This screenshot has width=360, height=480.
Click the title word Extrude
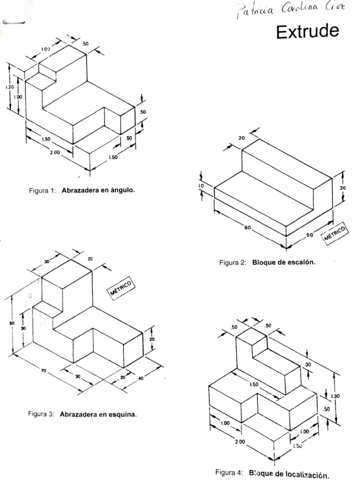[x=307, y=32]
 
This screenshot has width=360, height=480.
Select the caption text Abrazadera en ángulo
[x=97, y=191]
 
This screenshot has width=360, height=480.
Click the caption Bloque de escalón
[x=284, y=262]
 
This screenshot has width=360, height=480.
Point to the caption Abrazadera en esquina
[x=98, y=414]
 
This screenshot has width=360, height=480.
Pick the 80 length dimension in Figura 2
[x=247, y=228]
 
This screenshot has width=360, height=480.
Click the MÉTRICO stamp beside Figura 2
[x=336, y=233]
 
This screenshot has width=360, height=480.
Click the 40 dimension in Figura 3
[x=140, y=378]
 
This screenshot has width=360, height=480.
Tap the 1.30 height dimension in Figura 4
[x=335, y=396]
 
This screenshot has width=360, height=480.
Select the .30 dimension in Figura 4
[x=308, y=365]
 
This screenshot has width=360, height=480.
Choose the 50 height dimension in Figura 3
[x=11, y=323]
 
